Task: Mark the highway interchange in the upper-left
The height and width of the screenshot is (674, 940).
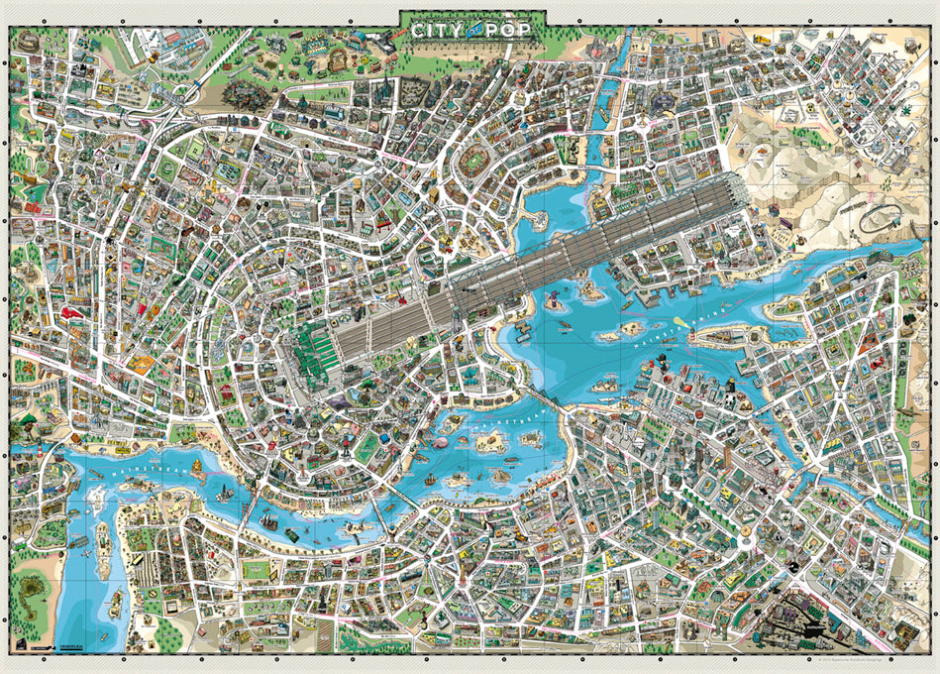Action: click(184, 93)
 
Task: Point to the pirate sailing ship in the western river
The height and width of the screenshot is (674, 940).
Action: click(268, 514)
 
